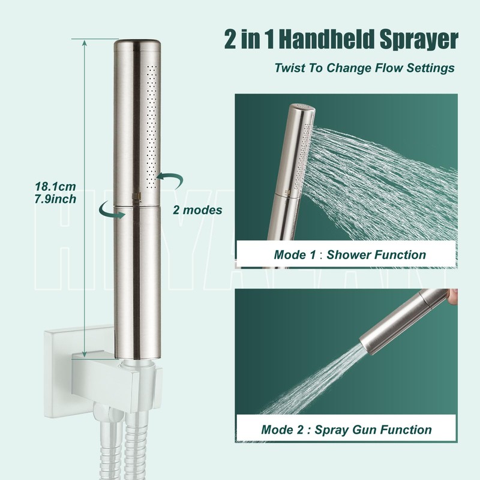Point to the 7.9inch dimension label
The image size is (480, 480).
point(55,199)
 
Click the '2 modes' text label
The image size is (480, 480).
point(197,210)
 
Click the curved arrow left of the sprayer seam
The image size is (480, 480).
point(109,209)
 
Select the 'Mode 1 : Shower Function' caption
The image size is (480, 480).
point(350,254)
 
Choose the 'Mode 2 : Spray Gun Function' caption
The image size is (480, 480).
point(346,430)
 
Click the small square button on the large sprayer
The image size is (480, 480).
point(134,196)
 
